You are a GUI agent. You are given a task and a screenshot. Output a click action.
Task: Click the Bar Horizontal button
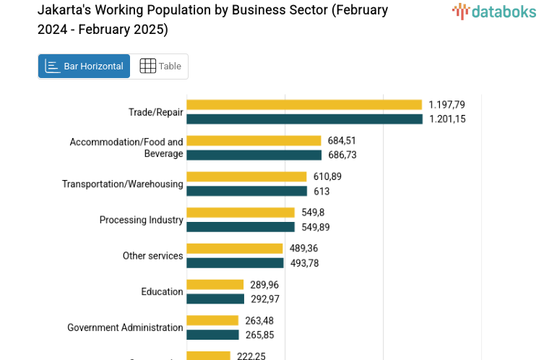(x=85, y=67)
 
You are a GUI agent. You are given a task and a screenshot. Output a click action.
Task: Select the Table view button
(x=160, y=67)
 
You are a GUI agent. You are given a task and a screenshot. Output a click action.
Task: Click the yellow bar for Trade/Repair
(x=304, y=105)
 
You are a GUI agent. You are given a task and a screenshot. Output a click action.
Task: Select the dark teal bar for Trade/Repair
(x=304, y=119)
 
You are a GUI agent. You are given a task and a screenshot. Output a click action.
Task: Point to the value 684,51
(x=342, y=140)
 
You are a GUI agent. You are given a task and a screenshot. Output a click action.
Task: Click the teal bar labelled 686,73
(x=254, y=155)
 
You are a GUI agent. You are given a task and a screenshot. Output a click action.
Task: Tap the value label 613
(x=321, y=191)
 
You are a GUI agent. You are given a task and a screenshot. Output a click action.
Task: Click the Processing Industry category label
(x=141, y=220)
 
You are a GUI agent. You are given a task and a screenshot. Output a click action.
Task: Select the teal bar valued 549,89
(x=241, y=227)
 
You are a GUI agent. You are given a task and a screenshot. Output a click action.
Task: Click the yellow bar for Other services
(x=235, y=249)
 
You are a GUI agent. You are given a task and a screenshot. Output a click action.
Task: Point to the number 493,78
(x=304, y=263)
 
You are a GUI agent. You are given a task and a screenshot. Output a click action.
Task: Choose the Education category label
(x=162, y=291)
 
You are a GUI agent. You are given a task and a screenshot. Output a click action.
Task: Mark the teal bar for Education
(x=215, y=299)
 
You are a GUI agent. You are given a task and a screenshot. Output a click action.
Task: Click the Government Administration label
(x=125, y=327)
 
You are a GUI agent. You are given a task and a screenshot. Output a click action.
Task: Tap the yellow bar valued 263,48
(x=212, y=320)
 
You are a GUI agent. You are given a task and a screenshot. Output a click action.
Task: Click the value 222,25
(x=252, y=356)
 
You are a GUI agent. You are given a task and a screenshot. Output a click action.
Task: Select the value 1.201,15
(x=447, y=119)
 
